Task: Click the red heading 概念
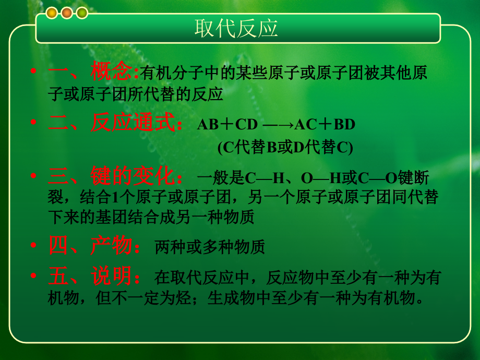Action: click(111, 72)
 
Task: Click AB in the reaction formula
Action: click(208, 125)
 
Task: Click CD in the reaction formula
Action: click(247, 125)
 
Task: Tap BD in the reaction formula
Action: click(344, 125)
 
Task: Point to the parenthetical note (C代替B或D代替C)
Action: click(285, 148)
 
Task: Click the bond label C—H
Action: click(264, 178)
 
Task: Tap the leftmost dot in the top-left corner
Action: click(52, 13)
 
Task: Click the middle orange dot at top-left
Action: click(67, 13)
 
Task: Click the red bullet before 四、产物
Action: click(34, 246)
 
